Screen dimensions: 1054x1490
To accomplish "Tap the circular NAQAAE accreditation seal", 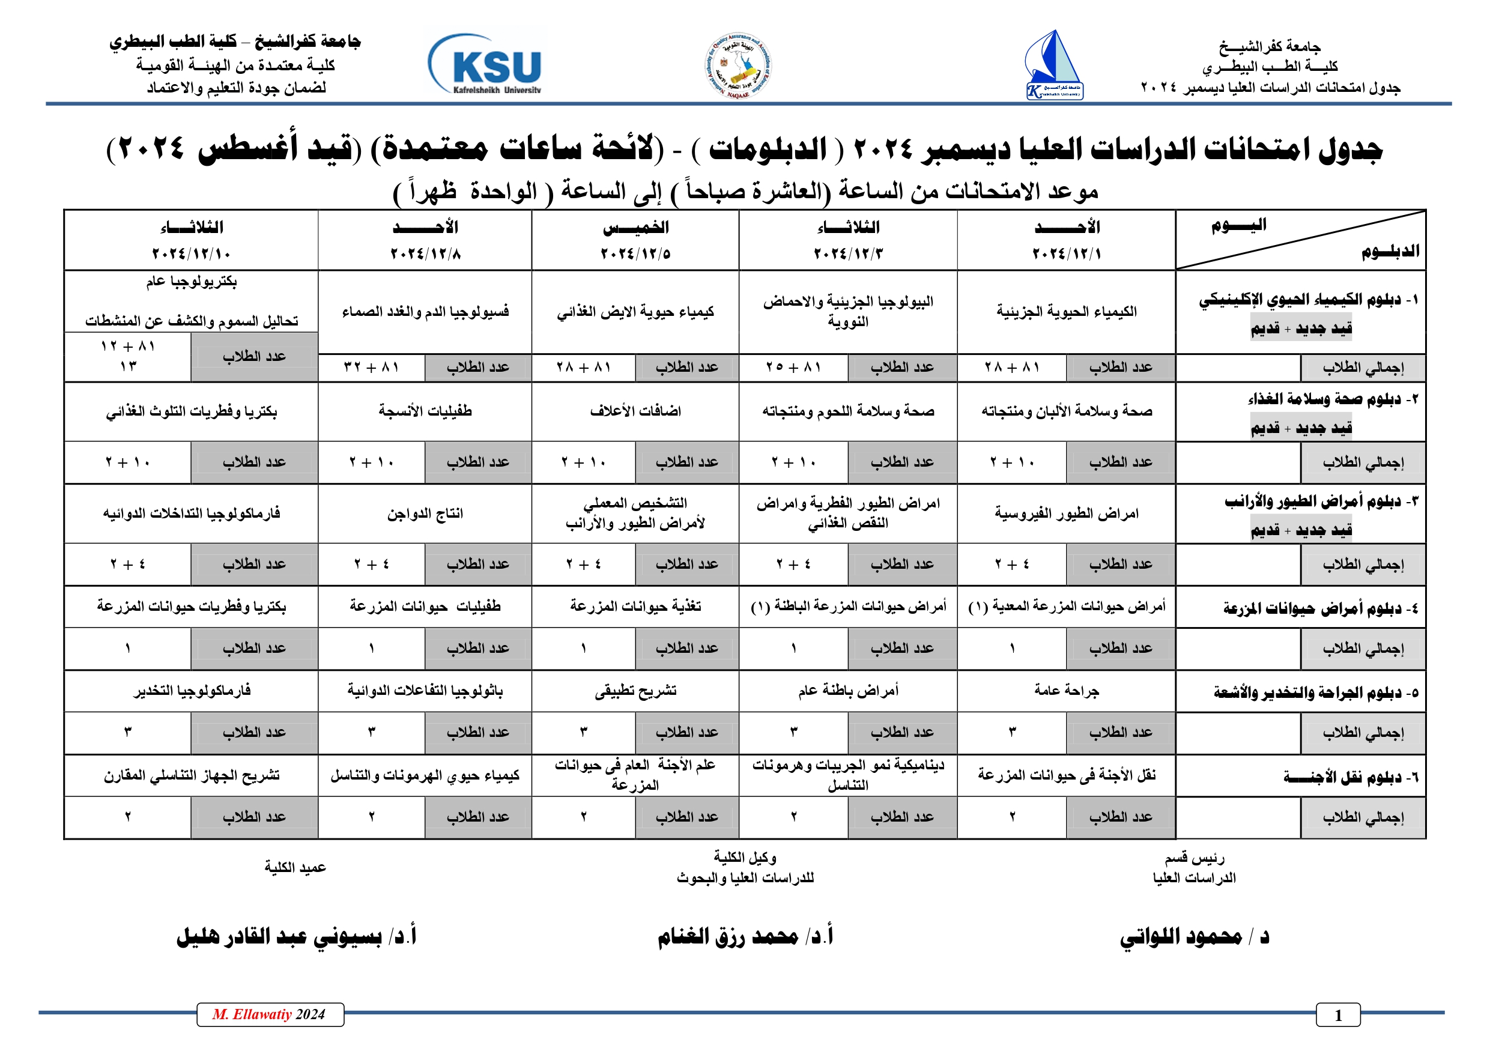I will (739, 65).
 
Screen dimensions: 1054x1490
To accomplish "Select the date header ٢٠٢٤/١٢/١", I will (1067, 253).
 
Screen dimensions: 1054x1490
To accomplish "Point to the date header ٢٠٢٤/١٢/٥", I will (635, 253).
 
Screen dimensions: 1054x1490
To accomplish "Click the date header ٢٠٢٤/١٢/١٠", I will (192, 253).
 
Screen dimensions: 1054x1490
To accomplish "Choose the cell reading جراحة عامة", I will (1067, 691).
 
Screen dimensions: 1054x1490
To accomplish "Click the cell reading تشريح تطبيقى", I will (635, 691).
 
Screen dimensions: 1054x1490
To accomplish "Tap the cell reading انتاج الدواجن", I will (425, 513).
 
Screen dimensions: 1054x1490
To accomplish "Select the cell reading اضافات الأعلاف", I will (635, 411).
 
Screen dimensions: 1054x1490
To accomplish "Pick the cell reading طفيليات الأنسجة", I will (425, 411).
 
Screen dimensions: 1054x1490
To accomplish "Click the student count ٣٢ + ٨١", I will (371, 368).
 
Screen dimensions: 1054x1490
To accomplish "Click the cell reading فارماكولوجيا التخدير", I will (192, 691).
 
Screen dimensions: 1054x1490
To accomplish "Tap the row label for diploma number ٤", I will (1320, 608).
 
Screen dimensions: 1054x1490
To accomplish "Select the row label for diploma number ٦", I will (1350, 776).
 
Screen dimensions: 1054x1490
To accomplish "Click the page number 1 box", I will (1337, 1015).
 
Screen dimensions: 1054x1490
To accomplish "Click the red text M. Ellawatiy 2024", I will (269, 1014).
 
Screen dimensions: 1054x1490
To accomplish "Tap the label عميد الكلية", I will (295, 867).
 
